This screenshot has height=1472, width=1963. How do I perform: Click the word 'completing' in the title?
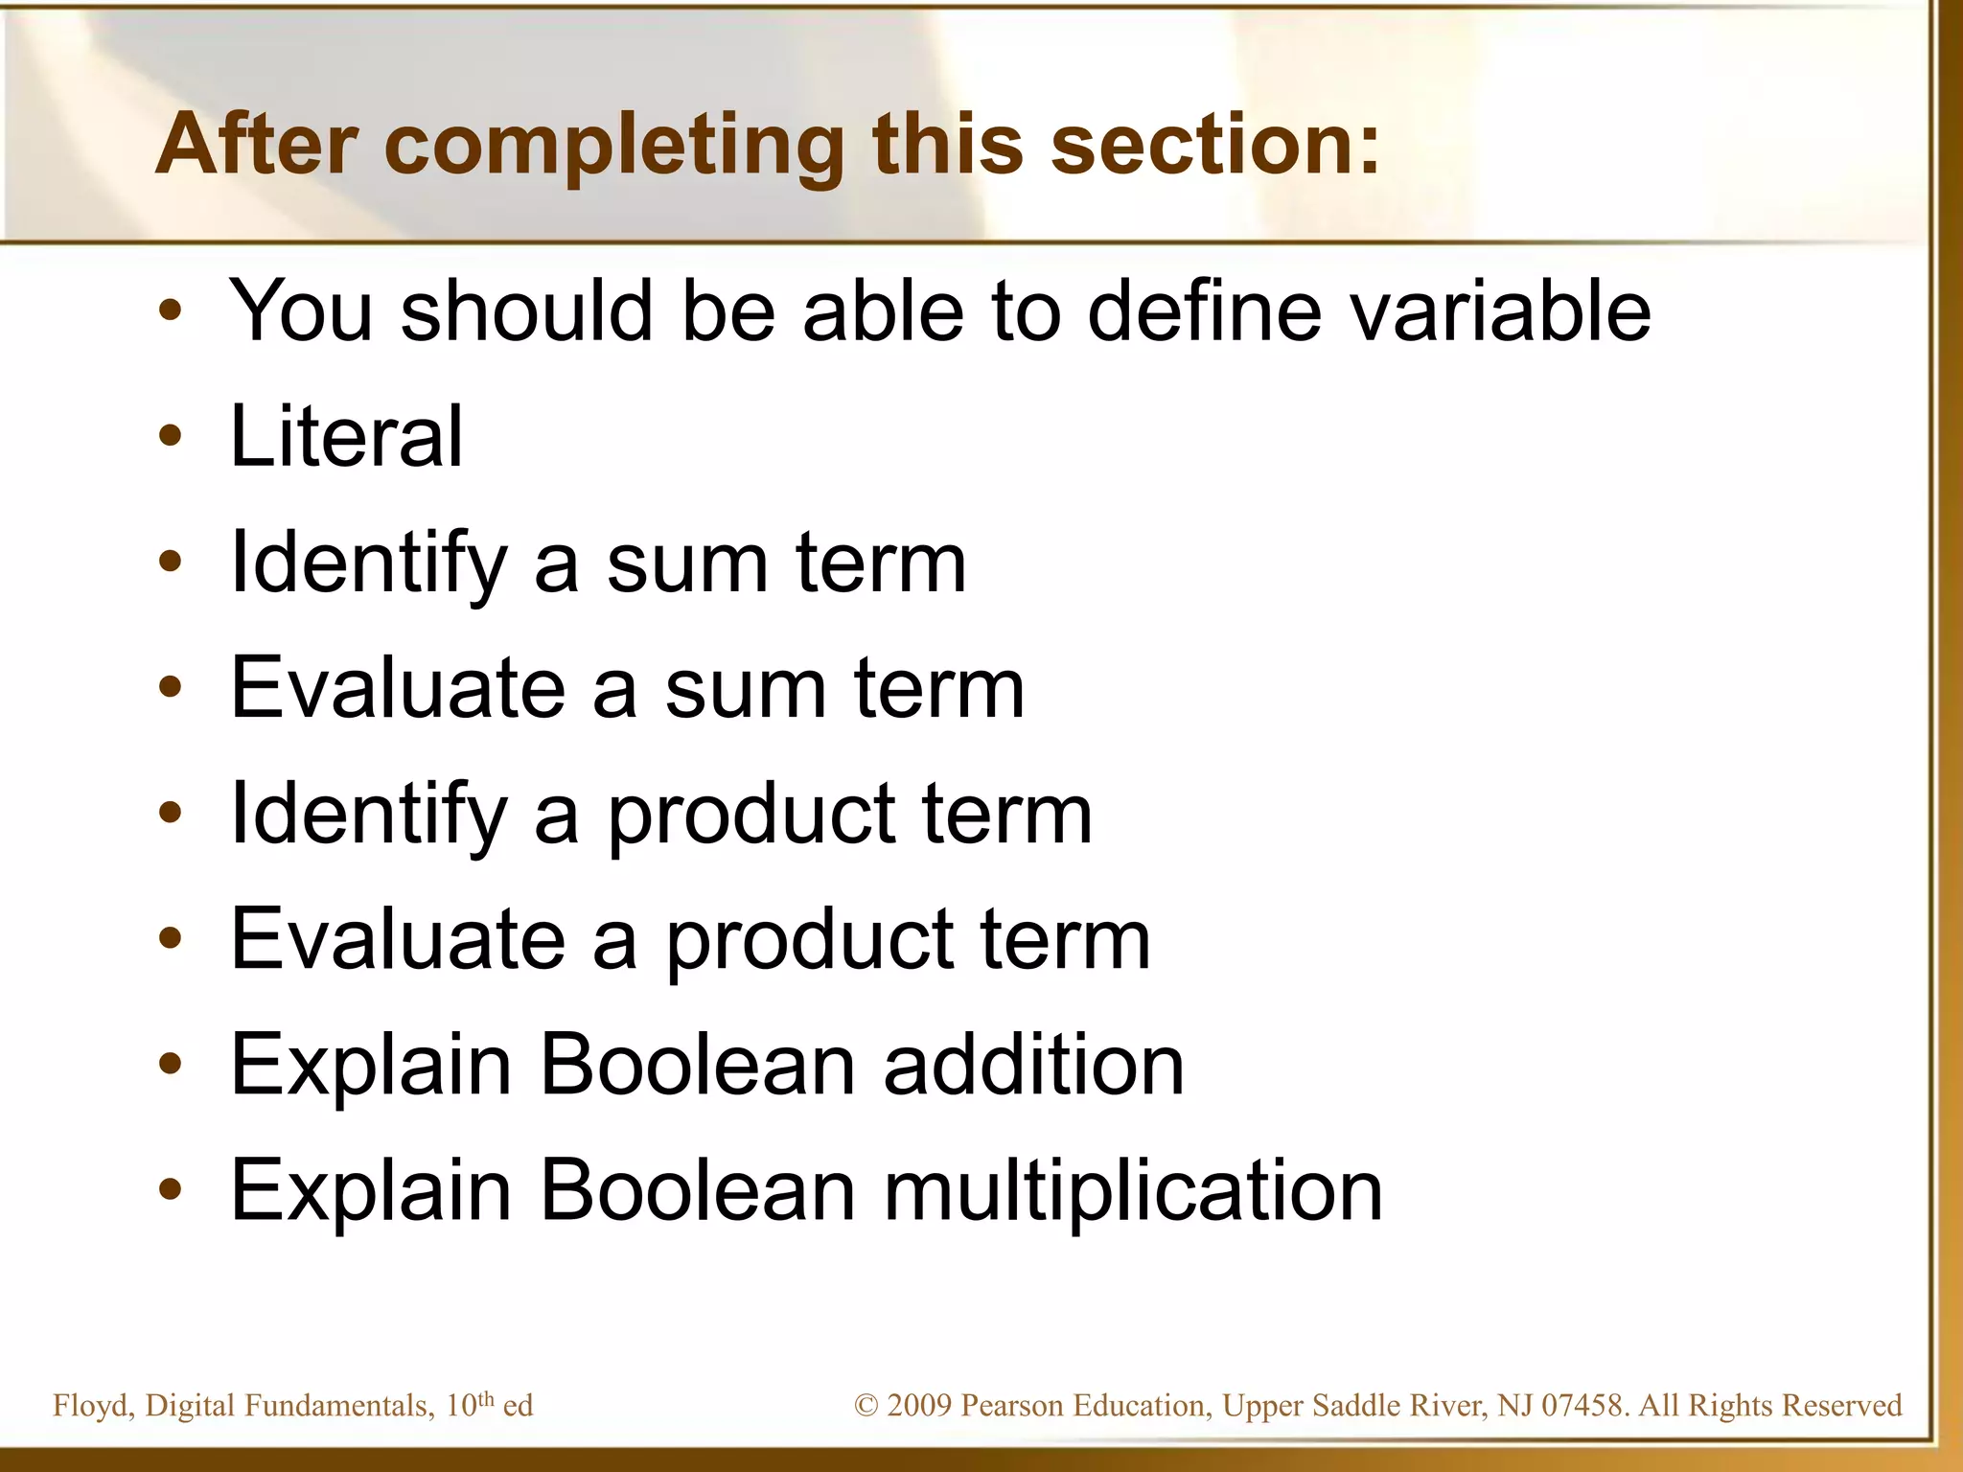613,146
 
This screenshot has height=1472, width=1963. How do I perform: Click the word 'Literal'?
346,436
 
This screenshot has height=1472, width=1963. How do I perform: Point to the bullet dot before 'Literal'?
171,437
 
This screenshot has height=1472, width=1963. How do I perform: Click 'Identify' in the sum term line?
368,563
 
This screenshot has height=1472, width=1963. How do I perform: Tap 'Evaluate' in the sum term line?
398,687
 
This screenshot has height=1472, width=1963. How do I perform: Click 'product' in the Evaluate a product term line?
809,940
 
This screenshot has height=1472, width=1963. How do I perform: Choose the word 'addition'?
1033,1065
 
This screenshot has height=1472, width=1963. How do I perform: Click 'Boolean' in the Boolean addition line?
697,1065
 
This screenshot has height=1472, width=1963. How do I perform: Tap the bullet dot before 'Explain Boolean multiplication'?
171,1190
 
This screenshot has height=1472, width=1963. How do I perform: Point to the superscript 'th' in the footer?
485,1398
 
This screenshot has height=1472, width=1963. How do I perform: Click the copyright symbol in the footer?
866,1406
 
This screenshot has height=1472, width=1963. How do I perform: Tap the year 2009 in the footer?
919,1406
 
